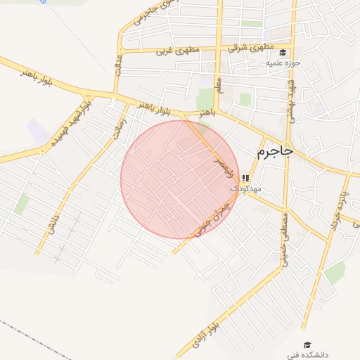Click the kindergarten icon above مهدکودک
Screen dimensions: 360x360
click(x=245, y=179)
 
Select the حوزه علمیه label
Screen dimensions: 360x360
click(x=283, y=63)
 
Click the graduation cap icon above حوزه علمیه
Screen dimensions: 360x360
click(x=283, y=53)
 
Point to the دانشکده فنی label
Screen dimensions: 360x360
click(x=307, y=355)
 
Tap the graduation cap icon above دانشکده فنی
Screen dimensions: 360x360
click(x=307, y=345)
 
